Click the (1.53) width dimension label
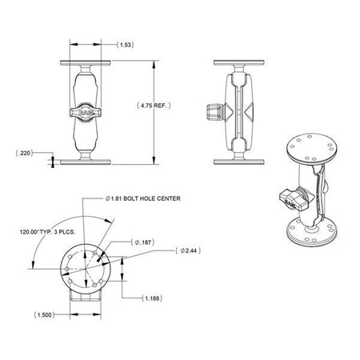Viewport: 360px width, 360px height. click(126, 45)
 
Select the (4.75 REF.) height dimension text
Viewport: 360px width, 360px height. click(154, 106)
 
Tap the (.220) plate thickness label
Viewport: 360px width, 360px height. click(24, 153)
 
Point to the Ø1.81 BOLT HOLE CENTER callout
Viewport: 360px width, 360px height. click(143, 198)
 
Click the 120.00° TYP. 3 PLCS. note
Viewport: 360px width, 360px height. click(47, 232)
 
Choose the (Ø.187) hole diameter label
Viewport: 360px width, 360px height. click(143, 242)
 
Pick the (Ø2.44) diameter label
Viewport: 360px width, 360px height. click(188, 250)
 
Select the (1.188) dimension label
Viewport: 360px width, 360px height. click(152, 298)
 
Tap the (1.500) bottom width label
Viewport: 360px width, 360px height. click(44, 314)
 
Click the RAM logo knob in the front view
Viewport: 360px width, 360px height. click(86, 112)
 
